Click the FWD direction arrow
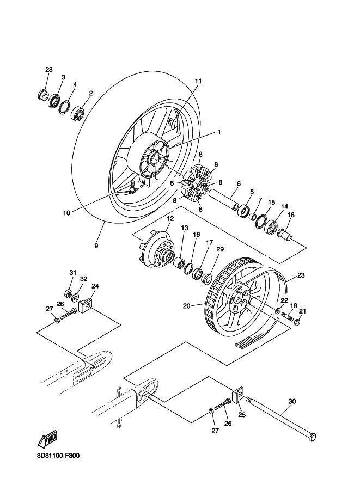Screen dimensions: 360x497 click(48, 439)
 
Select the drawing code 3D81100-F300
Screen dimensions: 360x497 click(58, 456)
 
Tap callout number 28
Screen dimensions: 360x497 click(49, 70)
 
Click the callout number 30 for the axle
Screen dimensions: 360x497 click(292, 401)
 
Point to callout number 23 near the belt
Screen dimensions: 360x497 click(301, 275)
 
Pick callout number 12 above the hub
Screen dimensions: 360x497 click(170, 218)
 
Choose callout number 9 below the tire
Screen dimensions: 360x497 click(96, 246)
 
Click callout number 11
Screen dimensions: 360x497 click(198, 81)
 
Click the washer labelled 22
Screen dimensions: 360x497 click(278, 310)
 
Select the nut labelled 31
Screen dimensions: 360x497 click(68, 293)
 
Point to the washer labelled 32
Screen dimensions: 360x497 click(76, 298)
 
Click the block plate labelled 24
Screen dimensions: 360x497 click(85, 306)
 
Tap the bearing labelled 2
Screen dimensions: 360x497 click(77, 114)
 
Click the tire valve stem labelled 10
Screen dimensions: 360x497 click(134, 186)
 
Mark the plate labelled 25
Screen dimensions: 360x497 click(238, 396)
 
